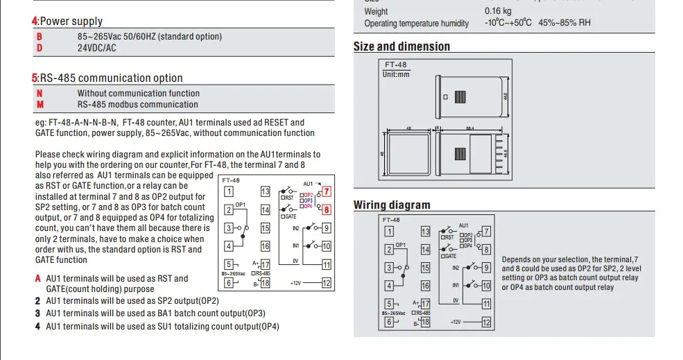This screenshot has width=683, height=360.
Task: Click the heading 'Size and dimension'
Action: click(x=401, y=46)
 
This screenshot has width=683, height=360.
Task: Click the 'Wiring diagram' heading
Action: click(x=392, y=205)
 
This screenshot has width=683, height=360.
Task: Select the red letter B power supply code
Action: click(x=40, y=36)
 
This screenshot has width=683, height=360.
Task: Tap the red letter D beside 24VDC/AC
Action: click(x=40, y=48)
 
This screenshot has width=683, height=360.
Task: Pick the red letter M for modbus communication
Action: click(x=40, y=105)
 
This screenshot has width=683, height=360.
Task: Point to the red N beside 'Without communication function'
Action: click(x=40, y=93)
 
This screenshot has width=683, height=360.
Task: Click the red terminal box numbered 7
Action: click(x=327, y=191)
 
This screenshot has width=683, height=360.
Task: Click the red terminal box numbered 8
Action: click(x=327, y=209)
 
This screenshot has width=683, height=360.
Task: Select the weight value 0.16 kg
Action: click(x=498, y=11)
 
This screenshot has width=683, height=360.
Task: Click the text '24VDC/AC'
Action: click(x=97, y=48)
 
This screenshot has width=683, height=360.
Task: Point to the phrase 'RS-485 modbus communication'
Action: click(x=138, y=105)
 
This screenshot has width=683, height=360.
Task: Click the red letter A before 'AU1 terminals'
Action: click(x=38, y=278)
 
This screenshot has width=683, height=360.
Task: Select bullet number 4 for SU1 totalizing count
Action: click(x=38, y=326)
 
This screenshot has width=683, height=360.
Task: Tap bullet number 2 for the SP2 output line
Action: click(x=38, y=301)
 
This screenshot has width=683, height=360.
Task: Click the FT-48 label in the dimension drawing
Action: click(x=396, y=65)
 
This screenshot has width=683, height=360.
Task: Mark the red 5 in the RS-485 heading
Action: click(x=35, y=78)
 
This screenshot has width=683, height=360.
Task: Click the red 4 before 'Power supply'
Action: click(x=35, y=22)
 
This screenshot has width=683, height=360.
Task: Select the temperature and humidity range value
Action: click(x=537, y=23)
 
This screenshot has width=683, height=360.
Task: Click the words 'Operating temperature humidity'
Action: click(x=417, y=24)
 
